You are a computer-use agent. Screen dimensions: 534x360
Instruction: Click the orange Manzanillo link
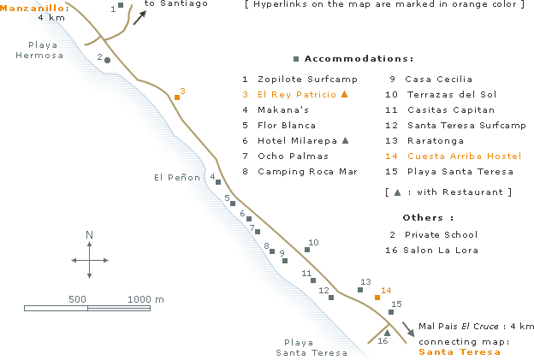32,8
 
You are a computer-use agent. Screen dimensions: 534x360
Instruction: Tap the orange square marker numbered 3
177,97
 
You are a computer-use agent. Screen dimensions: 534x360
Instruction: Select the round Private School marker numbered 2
107,60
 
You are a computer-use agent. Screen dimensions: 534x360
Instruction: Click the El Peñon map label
177,177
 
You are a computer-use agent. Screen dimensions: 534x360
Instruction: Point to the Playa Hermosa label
39,50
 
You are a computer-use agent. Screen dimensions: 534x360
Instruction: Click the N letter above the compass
89,234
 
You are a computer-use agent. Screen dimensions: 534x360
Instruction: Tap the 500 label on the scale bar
77,299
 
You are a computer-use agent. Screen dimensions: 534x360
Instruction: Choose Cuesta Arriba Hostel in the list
464,156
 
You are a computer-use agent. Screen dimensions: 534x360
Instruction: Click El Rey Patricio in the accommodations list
297,95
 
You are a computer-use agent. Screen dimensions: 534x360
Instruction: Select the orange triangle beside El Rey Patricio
345,94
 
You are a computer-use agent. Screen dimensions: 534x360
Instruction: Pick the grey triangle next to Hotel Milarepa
346,140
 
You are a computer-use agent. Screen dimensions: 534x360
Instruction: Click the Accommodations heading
359,58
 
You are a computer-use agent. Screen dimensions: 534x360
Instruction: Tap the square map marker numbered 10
307,250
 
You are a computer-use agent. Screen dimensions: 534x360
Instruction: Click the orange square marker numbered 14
377,298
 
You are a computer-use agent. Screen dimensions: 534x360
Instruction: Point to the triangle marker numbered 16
387,333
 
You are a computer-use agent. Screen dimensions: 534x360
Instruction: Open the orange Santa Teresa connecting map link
460,351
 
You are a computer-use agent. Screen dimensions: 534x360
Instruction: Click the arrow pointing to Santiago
139,18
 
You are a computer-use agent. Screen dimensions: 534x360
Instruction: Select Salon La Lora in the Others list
441,250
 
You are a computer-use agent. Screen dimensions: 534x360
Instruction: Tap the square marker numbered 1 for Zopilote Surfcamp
121,5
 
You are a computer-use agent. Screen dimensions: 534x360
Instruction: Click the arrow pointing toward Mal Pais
408,329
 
